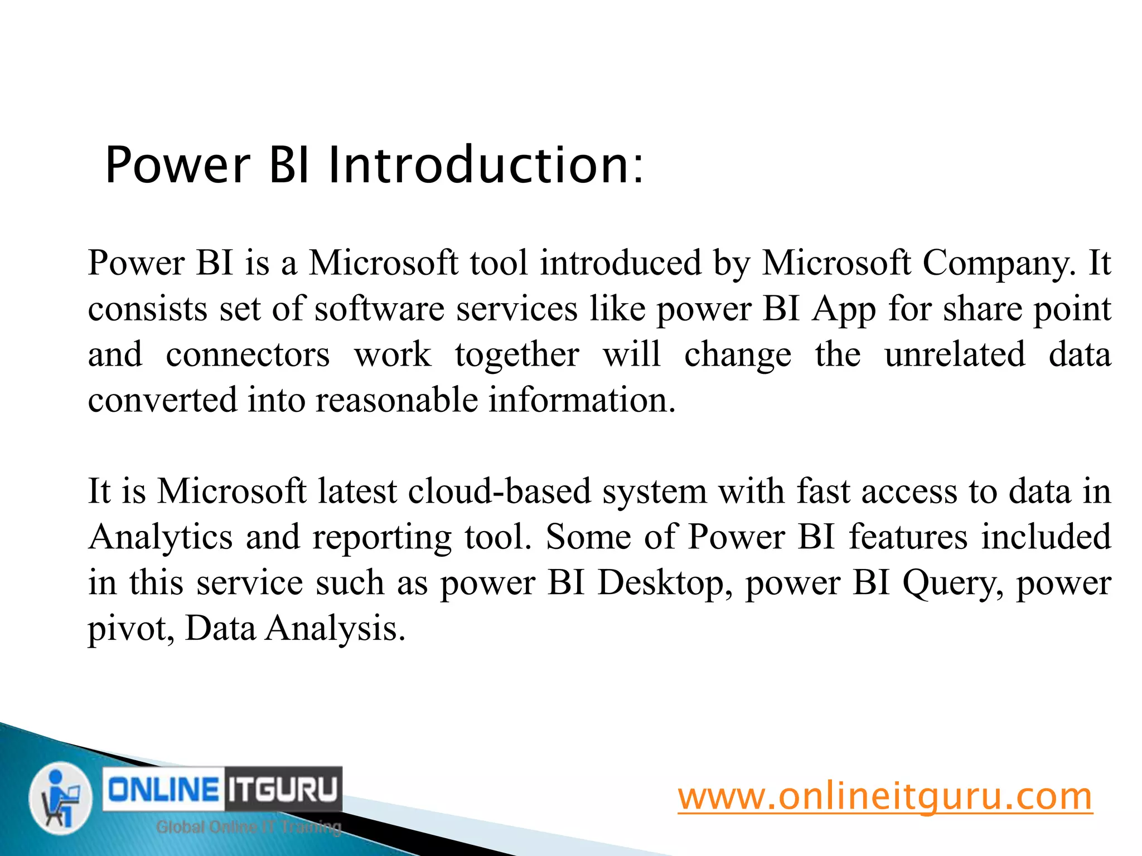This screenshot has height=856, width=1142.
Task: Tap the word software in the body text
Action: pos(379,309)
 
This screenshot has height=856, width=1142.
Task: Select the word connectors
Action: pos(248,354)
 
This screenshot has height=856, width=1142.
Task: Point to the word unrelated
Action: pos(955,354)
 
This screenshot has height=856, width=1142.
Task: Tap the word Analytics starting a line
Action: pos(160,537)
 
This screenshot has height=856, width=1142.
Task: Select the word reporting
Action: pos(381,538)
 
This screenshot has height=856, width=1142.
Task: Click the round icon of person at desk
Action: pos(60,798)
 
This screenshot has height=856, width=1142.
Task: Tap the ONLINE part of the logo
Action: pos(163,790)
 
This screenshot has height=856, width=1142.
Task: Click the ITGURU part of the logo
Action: pos(283,790)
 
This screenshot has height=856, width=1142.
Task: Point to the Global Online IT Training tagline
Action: pos(248,827)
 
